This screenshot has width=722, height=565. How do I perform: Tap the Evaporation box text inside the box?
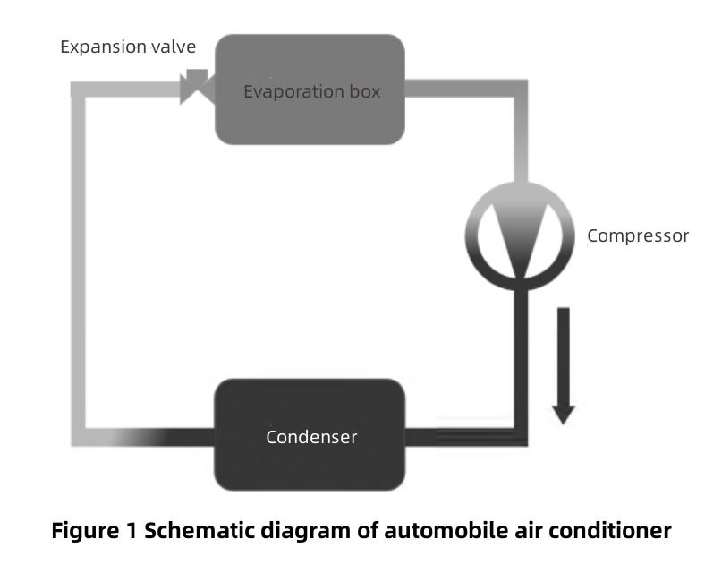click(x=311, y=91)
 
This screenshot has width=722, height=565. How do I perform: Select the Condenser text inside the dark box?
click(x=311, y=437)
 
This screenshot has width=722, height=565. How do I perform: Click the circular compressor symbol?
click(x=519, y=235)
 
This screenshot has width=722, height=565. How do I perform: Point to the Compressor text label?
click(x=638, y=236)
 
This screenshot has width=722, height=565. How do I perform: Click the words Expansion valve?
click(x=127, y=47)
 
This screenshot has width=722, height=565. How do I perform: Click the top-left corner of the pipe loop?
click(x=78, y=90)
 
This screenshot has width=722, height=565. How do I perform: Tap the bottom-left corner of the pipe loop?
click(x=78, y=438)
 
